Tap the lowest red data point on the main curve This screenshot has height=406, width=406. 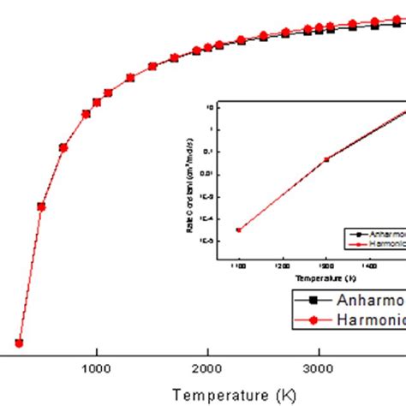click(19, 343)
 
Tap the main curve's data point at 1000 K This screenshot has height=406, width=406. click(97, 102)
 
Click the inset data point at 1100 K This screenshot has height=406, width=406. click(240, 230)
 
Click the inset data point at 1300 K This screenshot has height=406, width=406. click(326, 159)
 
